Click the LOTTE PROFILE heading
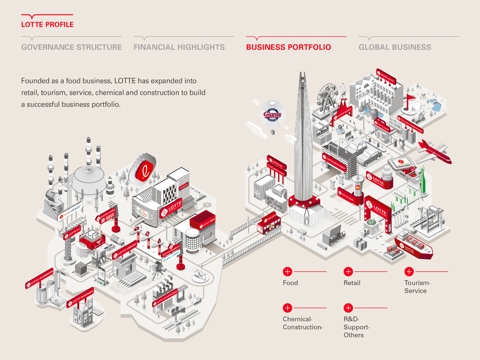pyautogui.click(x=47, y=24)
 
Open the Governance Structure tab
pyautogui.click(x=72, y=47)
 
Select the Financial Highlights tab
pyautogui.click(x=179, y=47)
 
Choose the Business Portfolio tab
pyautogui.click(x=288, y=47)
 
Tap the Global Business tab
pyautogui.click(x=395, y=47)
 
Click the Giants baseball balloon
pyautogui.click(x=272, y=115)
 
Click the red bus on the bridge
pyautogui.click(x=268, y=223)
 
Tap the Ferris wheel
pyautogui.click(x=325, y=98)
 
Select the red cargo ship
pyautogui.click(x=413, y=246)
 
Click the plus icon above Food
pyautogui.click(x=288, y=272)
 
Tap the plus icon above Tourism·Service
pyautogui.click(x=409, y=272)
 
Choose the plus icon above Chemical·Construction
pyautogui.click(x=288, y=308)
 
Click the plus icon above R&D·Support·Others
pyautogui.click(x=348, y=308)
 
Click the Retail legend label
pyautogui.click(x=352, y=283)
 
